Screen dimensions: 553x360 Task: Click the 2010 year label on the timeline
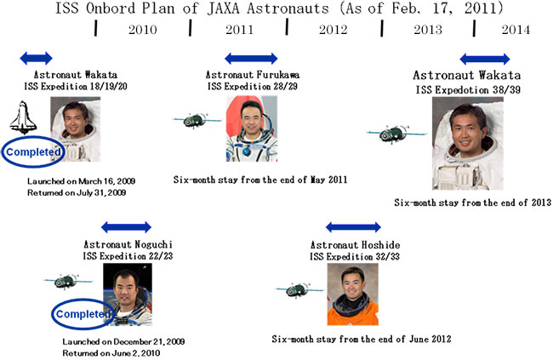pos(142,30)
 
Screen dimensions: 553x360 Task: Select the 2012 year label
pos(333,30)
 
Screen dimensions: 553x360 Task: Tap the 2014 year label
pos(516,30)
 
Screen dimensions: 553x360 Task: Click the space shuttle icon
pos(23,117)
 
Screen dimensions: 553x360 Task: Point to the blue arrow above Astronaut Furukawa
pos(251,58)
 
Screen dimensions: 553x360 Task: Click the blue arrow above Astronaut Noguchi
pos(126,227)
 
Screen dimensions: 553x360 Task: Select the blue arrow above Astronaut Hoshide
pos(353,227)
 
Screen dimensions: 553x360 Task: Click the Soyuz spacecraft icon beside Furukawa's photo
pos(196,121)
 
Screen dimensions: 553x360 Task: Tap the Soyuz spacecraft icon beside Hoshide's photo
pos(299,290)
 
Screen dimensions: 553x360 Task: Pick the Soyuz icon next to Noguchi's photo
pos(68,282)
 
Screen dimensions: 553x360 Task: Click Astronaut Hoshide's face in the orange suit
pos(353,283)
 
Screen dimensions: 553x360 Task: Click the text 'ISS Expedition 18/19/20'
pos(76,87)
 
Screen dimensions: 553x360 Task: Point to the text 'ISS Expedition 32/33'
pos(355,256)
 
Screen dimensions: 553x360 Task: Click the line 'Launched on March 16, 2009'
pos(82,181)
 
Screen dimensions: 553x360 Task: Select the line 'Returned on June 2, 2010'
pos(111,353)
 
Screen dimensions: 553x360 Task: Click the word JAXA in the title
pos(223,9)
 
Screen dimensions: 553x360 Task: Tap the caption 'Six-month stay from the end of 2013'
pos(472,203)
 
